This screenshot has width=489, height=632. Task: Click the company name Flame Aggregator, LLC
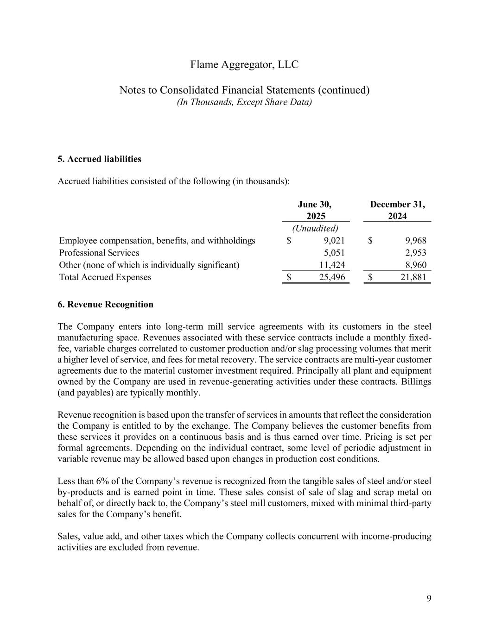pyautogui.click(x=244, y=64)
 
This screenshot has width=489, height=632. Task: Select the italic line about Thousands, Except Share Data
pyautogui.click(x=244, y=102)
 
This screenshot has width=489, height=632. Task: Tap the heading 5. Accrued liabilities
pyautogui.click(x=99, y=159)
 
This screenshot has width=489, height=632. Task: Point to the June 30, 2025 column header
pyautogui.click(x=316, y=210)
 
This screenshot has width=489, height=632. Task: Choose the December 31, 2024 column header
pyautogui.click(x=397, y=210)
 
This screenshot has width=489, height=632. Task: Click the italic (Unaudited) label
pyautogui.click(x=315, y=228)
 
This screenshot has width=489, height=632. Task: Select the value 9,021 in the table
pyautogui.click(x=334, y=240)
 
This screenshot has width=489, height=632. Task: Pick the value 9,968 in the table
pyautogui.click(x=415, y=240)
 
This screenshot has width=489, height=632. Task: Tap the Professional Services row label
pyautogui.click(x=99, y=253)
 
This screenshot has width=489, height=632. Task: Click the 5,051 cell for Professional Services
pyautogui.click(x=334, y=253)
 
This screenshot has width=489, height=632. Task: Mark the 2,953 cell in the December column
pyautogui.click(x=415, y=253)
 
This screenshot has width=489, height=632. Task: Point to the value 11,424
pyautogui.click(x=332, y=265)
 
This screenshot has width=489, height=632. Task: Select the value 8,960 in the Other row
pyautogui.click(x=415, y=265)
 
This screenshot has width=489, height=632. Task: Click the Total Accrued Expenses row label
pyautogui.click(x=105, y=277)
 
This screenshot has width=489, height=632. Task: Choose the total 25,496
pyautogui.click(x=332, y=277)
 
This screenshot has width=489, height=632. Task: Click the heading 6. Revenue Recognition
pyautogui.click(x=105, y=304)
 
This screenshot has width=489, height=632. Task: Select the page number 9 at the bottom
pyautogui.click(x=429, y=599)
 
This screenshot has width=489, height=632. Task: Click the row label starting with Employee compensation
pyautogui.click(x=157, y=240)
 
